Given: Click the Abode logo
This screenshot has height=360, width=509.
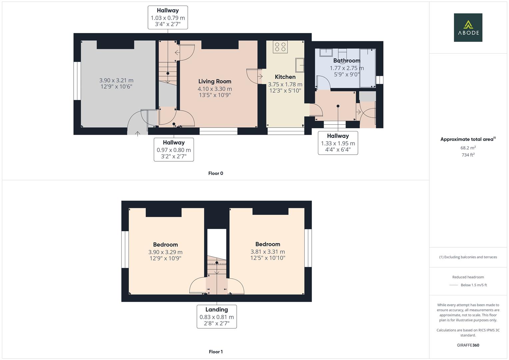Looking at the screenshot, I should [468, 27].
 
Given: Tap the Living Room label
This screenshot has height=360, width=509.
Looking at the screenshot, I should [215, 81].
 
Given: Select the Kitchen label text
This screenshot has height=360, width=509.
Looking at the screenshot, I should [285, 77].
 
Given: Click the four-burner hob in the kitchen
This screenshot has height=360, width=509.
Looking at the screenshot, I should [280, 47].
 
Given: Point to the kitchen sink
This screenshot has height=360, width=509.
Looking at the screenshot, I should [299, 65].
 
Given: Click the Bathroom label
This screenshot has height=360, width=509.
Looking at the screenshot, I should [347, 61].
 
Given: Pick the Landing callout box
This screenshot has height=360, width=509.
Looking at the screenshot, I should [217, 316].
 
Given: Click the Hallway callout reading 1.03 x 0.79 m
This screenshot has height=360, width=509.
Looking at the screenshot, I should [168, 18].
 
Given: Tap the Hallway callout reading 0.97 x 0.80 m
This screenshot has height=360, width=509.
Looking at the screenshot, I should [174, 150].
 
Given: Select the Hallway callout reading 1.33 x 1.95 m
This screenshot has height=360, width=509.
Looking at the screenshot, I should [338, 143].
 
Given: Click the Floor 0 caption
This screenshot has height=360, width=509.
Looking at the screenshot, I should [216, 173].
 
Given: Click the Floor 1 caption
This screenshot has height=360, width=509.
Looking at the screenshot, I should [216, 352].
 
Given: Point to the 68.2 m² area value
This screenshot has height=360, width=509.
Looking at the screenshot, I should [468, 148].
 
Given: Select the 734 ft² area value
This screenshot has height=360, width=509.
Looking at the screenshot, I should [468, 155].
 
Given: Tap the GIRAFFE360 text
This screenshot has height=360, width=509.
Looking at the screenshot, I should [468, 345].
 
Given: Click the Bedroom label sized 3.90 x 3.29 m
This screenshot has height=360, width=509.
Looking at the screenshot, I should [165, 245].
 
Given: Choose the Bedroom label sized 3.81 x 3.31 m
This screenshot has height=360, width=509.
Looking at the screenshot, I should [268, 244].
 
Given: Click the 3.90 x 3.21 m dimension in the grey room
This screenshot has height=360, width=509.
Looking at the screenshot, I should [116, 80].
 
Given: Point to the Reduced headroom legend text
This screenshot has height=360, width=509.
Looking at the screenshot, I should [468, 277].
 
